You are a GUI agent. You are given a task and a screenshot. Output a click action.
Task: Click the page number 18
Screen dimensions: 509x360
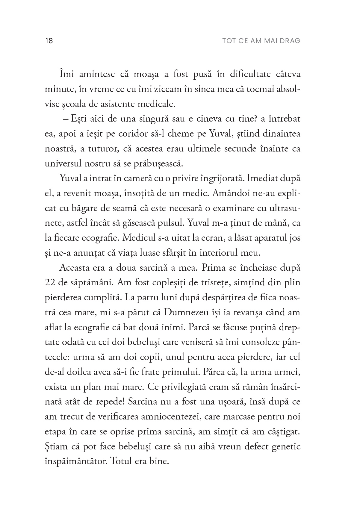point(49,41)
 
